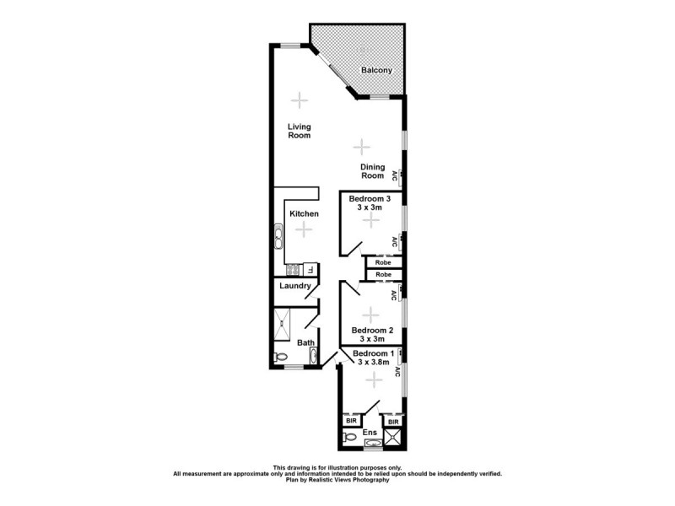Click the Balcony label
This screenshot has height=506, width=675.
coord(376,71)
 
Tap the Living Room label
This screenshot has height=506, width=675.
coord(299,131)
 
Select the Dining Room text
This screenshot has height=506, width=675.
coord(372,171)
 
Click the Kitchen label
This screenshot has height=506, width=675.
coord(304,214)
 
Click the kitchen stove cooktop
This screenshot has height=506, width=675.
coord(294,270)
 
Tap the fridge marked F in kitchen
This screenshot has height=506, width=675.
coord(310,270)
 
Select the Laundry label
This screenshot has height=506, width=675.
coord(295,286)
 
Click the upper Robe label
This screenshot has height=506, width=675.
coord(383,263)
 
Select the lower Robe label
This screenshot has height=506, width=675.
coord(383,275)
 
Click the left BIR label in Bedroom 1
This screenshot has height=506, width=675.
coord(352,420)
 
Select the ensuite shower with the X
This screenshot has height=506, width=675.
coord(392,437)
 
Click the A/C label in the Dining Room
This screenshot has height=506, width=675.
coord(394,175)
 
